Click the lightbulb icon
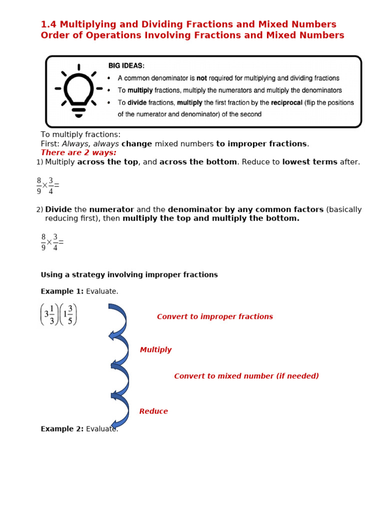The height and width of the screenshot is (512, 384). click(78, 91)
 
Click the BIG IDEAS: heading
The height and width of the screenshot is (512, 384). click(126, 66)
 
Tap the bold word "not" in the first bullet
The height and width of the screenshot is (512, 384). click(201, 78)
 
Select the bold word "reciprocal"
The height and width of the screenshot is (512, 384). click(286, 103)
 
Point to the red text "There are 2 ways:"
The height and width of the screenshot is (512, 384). click(78, 152)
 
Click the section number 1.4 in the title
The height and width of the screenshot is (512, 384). click(49, 24)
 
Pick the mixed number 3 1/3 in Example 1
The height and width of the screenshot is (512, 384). click(49, 314)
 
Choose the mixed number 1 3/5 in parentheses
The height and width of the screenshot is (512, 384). click(68, 314)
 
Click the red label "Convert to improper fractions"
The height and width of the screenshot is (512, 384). click(214, 316)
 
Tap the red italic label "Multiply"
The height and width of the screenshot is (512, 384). click(155, 350)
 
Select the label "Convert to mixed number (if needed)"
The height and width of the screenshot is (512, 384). click(246, 376)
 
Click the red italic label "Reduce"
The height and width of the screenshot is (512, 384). click(153, 411)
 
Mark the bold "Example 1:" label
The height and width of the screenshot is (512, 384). click(62, 291)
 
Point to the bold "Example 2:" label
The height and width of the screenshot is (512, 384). click(62, 429)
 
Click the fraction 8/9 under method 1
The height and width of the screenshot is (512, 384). click(39, 185)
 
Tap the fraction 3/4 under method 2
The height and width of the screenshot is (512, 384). click(55, 242)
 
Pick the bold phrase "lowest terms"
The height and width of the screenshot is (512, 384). click(310, 162)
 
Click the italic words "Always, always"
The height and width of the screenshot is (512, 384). click(90, 144)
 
